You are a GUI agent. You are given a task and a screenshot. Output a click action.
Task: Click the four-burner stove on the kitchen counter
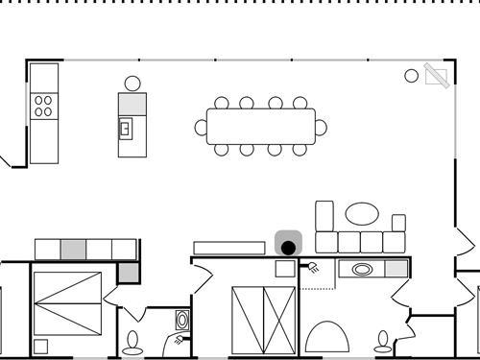(x=43, y=105)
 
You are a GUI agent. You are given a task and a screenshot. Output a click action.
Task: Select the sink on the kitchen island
(x=126, y=127)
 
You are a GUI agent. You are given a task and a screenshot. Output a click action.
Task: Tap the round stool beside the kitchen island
(x=132, y=83)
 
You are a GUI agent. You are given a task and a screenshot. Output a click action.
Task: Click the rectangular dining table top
(x=261, y=126)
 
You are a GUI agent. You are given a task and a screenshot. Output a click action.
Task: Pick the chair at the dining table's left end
(x=201, y=127)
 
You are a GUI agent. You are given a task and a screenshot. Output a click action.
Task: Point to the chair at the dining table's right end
(x=321, y=127)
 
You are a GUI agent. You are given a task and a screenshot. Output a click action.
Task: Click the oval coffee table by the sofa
(x=362, y=212)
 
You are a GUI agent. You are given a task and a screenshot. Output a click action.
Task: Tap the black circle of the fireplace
(x=288, y=247)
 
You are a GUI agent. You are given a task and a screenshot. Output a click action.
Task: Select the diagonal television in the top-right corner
(x=437, y=75)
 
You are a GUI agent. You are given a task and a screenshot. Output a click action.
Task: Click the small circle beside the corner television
(x=411, y=75)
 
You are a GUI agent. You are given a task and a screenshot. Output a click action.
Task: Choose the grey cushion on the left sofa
(x=74, y=250)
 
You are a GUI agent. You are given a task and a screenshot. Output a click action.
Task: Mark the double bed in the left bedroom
(x=67, y=302)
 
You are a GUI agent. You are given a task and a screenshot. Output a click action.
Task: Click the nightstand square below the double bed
(x=40, y=347)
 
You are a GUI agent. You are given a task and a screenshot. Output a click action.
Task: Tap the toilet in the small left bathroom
(x=133, y=340)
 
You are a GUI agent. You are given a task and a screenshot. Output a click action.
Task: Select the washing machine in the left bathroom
(x=182, y=318)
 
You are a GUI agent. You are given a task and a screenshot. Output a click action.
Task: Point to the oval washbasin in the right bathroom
(x=363, y=269)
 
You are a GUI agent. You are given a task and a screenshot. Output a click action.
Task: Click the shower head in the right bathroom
(x=311, y=269)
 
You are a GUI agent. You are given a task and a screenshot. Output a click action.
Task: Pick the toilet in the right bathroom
(x=384, y=341)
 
